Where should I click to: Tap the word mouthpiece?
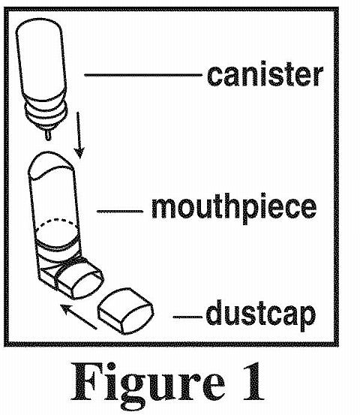click(x=234, y=209)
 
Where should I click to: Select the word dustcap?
click(x=261, y=315)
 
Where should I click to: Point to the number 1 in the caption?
click(x=253, y=381)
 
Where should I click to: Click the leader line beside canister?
click(x=143, y=75)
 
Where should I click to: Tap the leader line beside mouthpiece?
click(x=120, y=211)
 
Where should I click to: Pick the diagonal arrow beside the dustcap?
click(x=79, y=317)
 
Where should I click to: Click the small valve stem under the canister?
click(x=47, y=134)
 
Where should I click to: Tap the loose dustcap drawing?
click(x=126, y=311)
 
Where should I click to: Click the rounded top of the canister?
click(x=39, y=26)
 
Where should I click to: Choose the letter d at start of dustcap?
click(x=213, y=312)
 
